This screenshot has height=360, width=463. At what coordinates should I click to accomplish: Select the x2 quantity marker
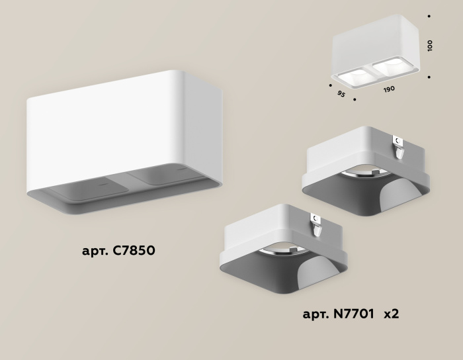(391, 313)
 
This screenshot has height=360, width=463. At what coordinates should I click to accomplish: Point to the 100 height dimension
(430, 46)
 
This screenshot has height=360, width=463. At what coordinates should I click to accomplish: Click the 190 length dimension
(389, 89)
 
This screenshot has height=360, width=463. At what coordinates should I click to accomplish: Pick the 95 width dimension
(341, 94)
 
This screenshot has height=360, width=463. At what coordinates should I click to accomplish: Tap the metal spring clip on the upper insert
(399, 146)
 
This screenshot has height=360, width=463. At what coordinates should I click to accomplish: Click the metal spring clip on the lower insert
(317, 225)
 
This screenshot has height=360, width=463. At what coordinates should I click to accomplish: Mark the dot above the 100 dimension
(429, 15)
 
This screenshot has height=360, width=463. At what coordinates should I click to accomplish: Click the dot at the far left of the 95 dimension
(329, 85)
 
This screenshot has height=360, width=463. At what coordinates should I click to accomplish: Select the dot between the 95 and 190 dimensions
(355, 100)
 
